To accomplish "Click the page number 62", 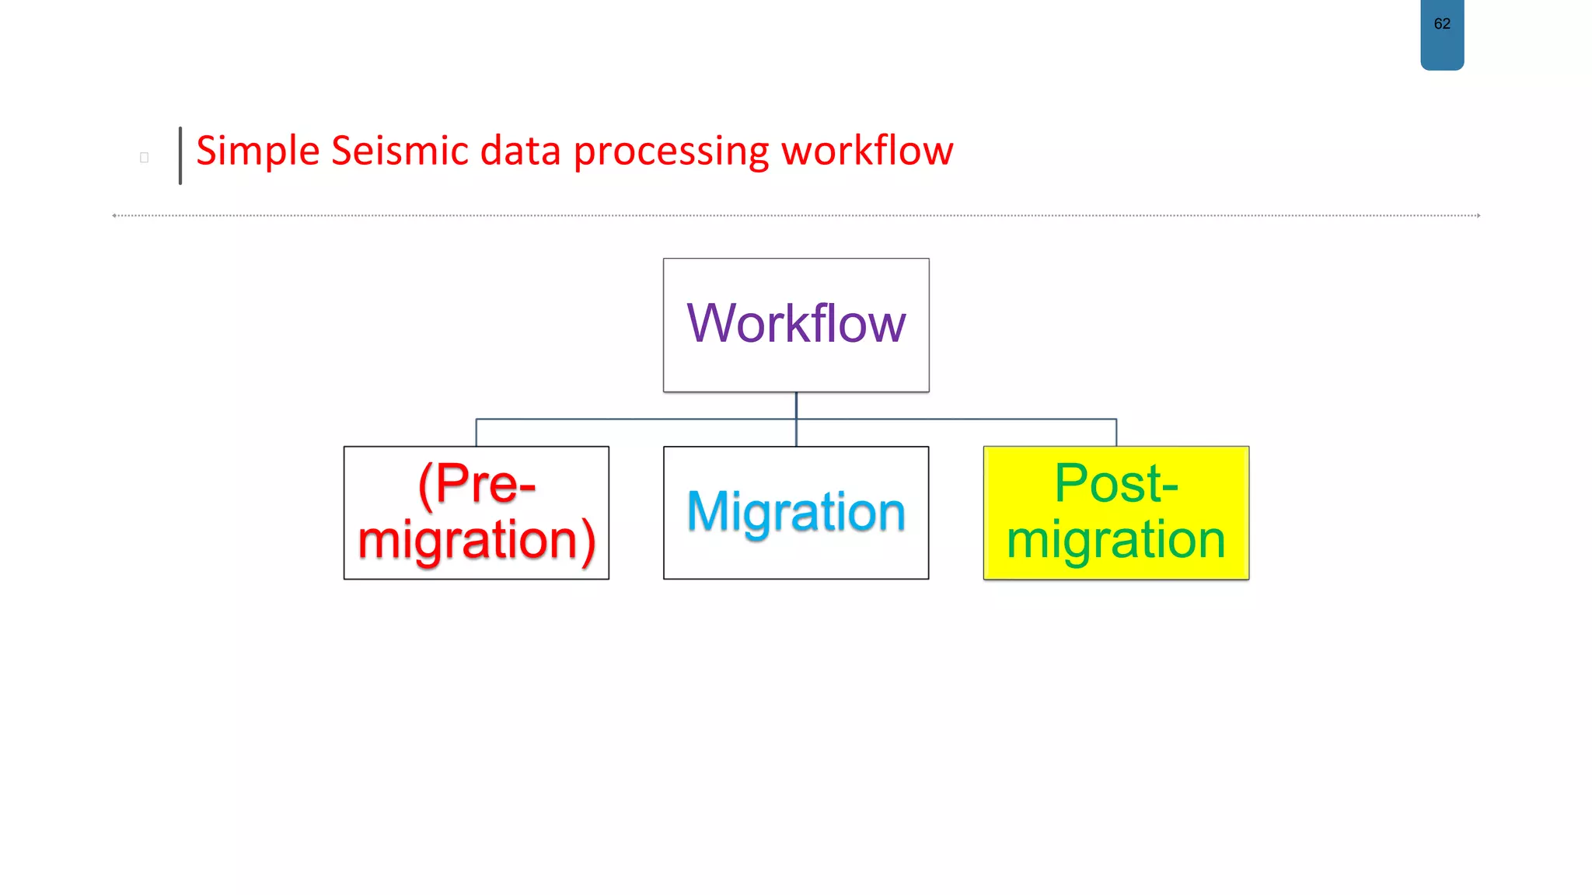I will coord(1442,24).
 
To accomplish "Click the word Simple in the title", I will coord(257,151).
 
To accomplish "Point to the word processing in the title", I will coord(670,152).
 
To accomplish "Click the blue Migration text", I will coord(796,512).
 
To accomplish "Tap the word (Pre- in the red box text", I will coord(477,484).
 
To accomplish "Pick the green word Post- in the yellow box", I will coord(1116,483).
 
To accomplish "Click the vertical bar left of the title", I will coord(180,155).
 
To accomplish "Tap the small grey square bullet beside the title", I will coord(144,158).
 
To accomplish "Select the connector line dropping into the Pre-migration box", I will coord(477,433).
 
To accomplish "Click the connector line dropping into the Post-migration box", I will coord(1116,433).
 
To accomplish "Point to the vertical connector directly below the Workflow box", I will coord(796,406).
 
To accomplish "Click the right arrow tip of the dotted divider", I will coord(1478,215).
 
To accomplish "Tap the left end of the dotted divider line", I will coord(115,215).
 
